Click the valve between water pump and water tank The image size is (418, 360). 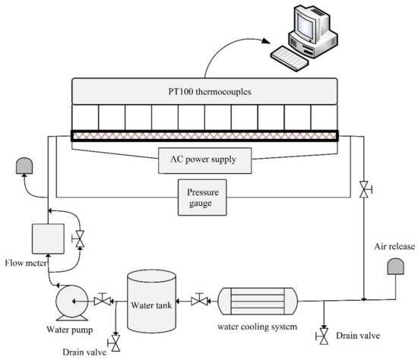[100, 300]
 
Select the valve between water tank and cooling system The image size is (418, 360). [198, 301]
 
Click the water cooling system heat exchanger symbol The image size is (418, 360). [260, 301]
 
